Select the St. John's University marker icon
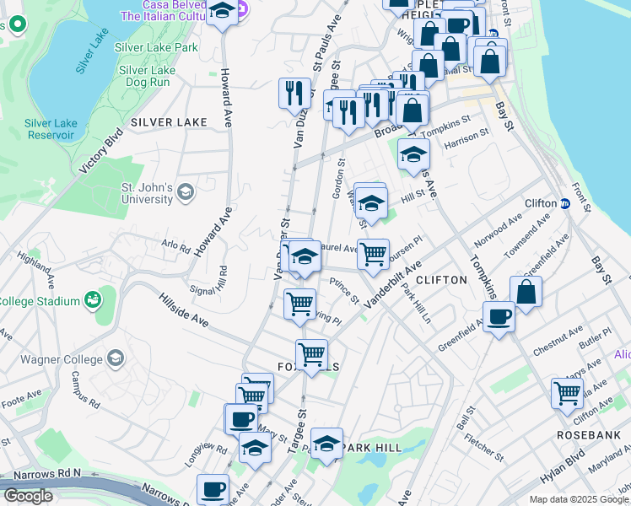tap(186, 193)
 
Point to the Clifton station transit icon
tap(564, 203)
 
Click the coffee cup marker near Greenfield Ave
tap(499, 316)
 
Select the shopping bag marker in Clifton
tap(526, 292)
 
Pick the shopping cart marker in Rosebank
tap(567, 392)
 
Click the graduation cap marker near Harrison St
tap(413, 154)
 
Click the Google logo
tap(28, 496)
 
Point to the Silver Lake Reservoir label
tap(51, 129)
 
